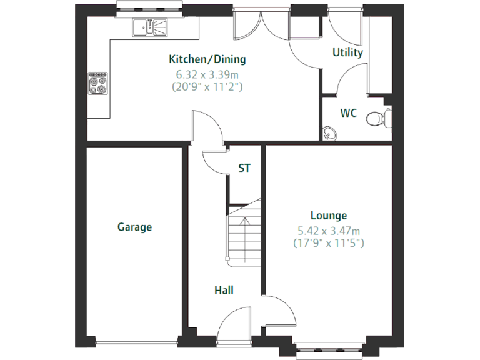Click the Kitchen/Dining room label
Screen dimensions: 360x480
(x=207, y=60)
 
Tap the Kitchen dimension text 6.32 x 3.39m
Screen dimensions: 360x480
(x=207, y=74)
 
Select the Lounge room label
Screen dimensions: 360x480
(x=328, y=216)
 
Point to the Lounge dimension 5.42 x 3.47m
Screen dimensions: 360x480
(x=329, y=231)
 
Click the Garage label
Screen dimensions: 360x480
(x=135, y=227)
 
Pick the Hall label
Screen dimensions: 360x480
(x=224, y=291)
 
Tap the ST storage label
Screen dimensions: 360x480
(x=244, y=169)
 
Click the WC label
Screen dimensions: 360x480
(x=349, y=113)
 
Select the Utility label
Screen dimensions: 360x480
(x=347, y=53)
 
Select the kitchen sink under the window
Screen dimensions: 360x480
(x=150, y=27)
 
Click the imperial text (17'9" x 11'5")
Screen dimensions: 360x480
(x=329, y=243)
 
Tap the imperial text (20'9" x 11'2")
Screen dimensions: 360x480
(x=207, y=87)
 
